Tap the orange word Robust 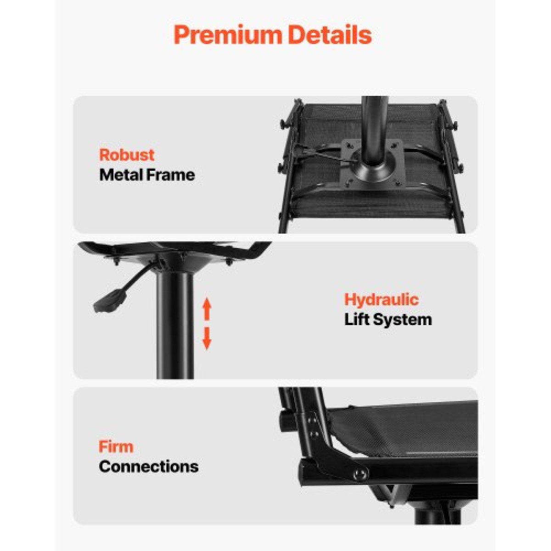point(127,155)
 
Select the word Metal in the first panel point(122,175)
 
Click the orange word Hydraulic point(382,300)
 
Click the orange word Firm point(116,447)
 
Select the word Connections point(148,467)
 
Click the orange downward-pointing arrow point(207,339)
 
